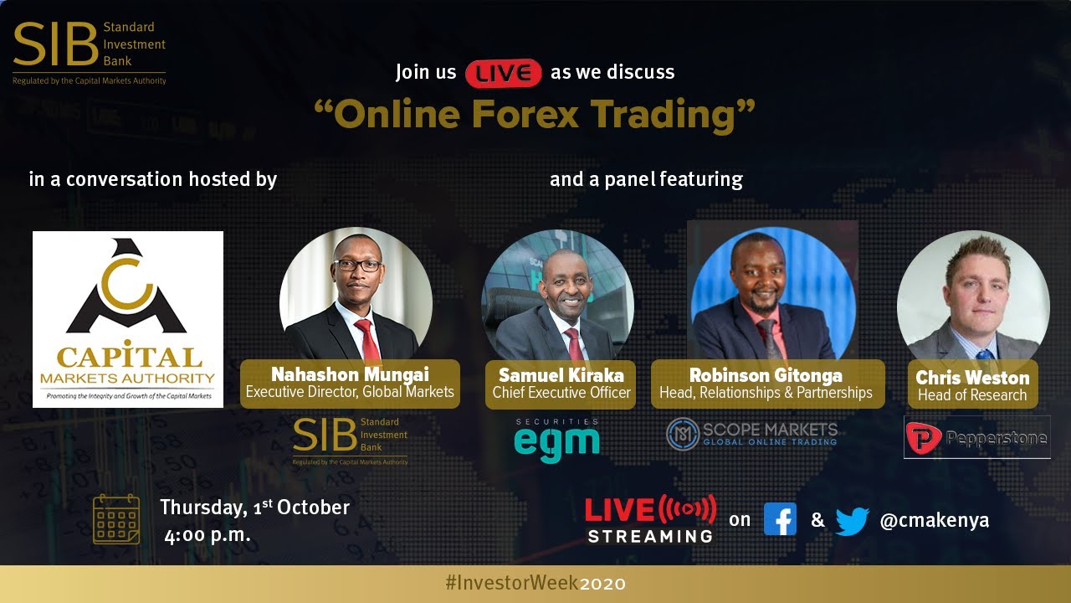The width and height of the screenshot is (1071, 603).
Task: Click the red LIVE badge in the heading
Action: click(504, 73)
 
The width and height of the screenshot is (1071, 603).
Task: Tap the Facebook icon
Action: click(780, 519)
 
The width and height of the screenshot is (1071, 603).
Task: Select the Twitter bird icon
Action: click(852, 521)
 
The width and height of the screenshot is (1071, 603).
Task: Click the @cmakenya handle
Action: click(935, 520)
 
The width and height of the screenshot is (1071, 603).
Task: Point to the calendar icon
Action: click(116, 519)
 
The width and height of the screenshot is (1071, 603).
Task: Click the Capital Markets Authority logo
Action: click(128, 319)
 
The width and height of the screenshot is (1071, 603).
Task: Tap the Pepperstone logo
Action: click(976, 436)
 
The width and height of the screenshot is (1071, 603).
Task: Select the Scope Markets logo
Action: click(751, 433)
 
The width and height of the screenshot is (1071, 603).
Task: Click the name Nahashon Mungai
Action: click(350, 374)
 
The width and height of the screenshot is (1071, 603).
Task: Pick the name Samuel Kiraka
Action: click(560, 374)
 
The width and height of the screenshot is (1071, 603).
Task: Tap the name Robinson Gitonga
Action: click(766, 374)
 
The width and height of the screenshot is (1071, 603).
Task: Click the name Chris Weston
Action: click(972, 378)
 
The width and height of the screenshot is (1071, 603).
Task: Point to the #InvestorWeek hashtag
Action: click(511, 583)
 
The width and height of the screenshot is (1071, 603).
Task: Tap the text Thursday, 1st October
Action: click(254, 508)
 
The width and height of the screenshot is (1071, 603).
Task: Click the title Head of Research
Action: click(972, 395)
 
